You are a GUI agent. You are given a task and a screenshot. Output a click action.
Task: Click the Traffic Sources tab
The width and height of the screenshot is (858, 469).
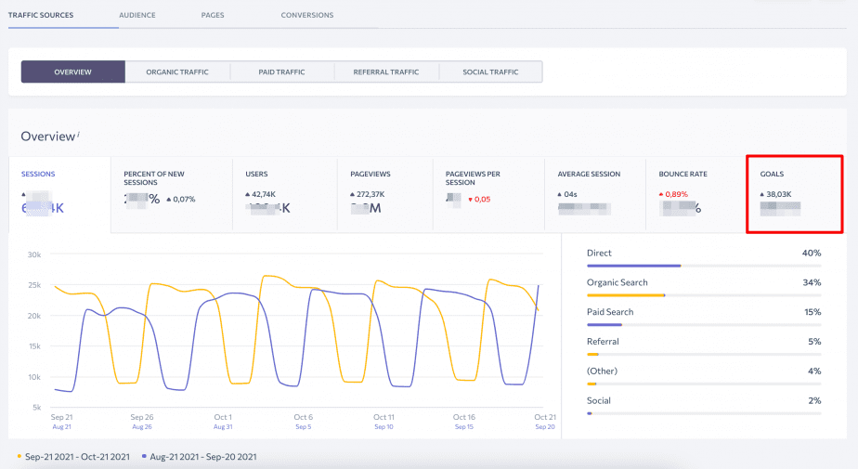[x=41, y=15]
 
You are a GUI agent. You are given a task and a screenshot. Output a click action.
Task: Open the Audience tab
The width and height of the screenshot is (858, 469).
[x=137, y=15]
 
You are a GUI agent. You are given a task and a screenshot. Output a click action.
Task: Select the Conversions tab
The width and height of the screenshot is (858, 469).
[x=306, y=15]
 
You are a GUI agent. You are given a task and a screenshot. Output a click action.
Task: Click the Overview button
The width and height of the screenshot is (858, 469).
[x=72, y=72]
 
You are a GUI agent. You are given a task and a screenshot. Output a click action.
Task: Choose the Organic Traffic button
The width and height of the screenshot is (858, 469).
[x=176, y=72]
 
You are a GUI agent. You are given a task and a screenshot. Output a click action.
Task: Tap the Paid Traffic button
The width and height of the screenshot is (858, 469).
[x=281, y=72]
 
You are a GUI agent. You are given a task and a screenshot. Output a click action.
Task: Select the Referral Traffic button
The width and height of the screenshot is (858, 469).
[x=385, y=72]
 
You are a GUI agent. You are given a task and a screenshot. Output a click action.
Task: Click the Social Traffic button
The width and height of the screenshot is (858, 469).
[x=490, y=72]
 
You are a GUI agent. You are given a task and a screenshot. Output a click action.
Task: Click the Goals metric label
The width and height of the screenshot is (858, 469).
[x=773, y=174]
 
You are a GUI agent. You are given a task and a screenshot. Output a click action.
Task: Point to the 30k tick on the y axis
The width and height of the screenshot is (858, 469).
[x=34, y=254]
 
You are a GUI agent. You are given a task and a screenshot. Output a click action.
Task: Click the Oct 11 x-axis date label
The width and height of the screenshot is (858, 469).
[x=383, y=418]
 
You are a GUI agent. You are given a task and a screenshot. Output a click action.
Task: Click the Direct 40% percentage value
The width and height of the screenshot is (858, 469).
[x=812, y=253]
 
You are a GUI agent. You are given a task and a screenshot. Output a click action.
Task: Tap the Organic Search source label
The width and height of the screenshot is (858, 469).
[x=617, y=282]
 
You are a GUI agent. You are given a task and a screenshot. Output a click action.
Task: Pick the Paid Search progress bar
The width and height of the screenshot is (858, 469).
[x=704, y=324]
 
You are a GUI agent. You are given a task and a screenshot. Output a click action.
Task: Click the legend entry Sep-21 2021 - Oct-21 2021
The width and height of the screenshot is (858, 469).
[x=77, y=457]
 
